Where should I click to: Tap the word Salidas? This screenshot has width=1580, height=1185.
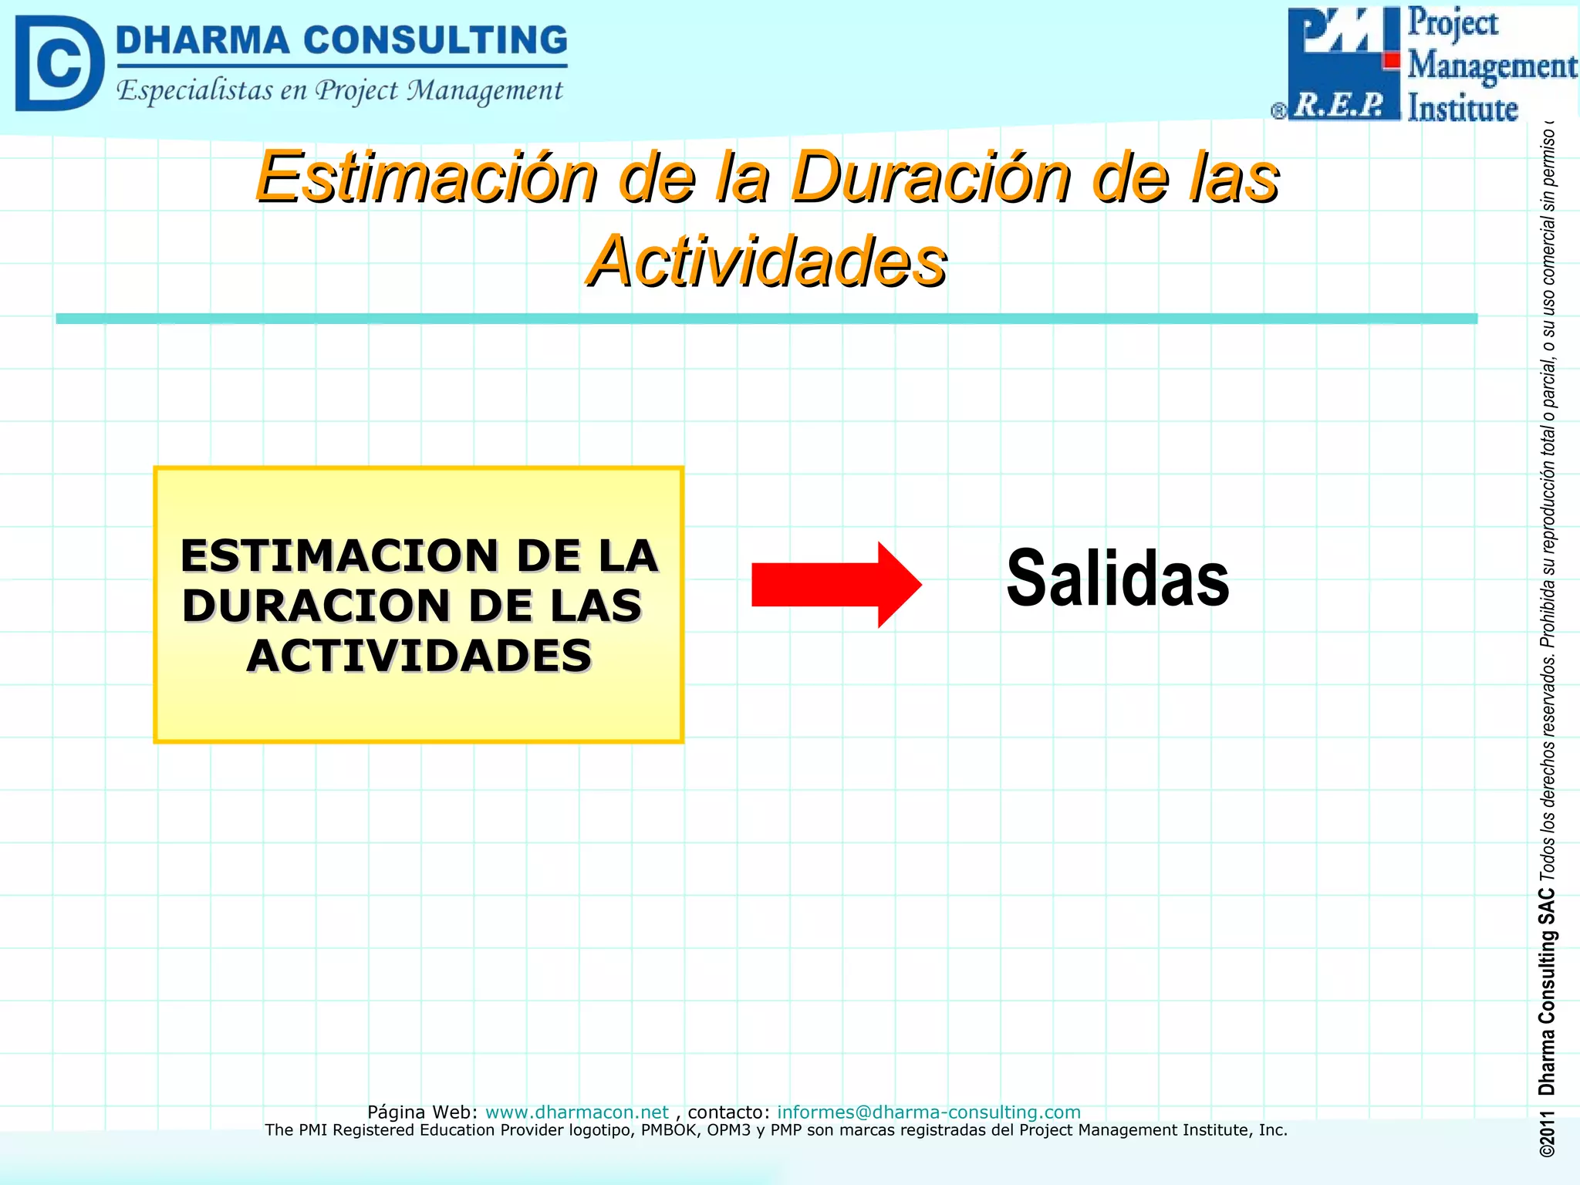pyautogui.click(x=1117, y=579)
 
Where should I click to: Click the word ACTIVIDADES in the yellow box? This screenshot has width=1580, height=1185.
pyautogui.click(x=419, y=657)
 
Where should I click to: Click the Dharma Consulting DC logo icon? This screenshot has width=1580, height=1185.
pyautogui.click(x=59, y=63)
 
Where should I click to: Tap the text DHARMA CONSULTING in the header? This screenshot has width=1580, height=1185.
pyautogui.click(x=341, y=40)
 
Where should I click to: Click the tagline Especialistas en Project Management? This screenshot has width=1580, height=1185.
pyautogui.click(x=339, y=90)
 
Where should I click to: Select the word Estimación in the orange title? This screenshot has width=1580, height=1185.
pyautogui.click(x=426, y=177)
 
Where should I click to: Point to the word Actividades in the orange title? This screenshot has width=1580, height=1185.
pyautogui.click(x=766, y=262)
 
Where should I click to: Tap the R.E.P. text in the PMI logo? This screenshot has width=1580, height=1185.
pyautogui.click(x=1339, y=105)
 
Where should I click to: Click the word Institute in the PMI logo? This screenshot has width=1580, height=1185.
pyautogui.click(x=1462, y=108)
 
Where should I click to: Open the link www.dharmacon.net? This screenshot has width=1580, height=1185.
pyautogui.click(x=576, y=1112)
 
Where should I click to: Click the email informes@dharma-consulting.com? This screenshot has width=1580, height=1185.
pyautogui.click(x=928, y=1112)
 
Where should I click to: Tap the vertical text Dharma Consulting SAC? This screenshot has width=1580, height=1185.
pyautogui.click(x=1546, y=991)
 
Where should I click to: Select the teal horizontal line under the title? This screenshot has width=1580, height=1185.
pyautogui.click(x=766, y=319)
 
